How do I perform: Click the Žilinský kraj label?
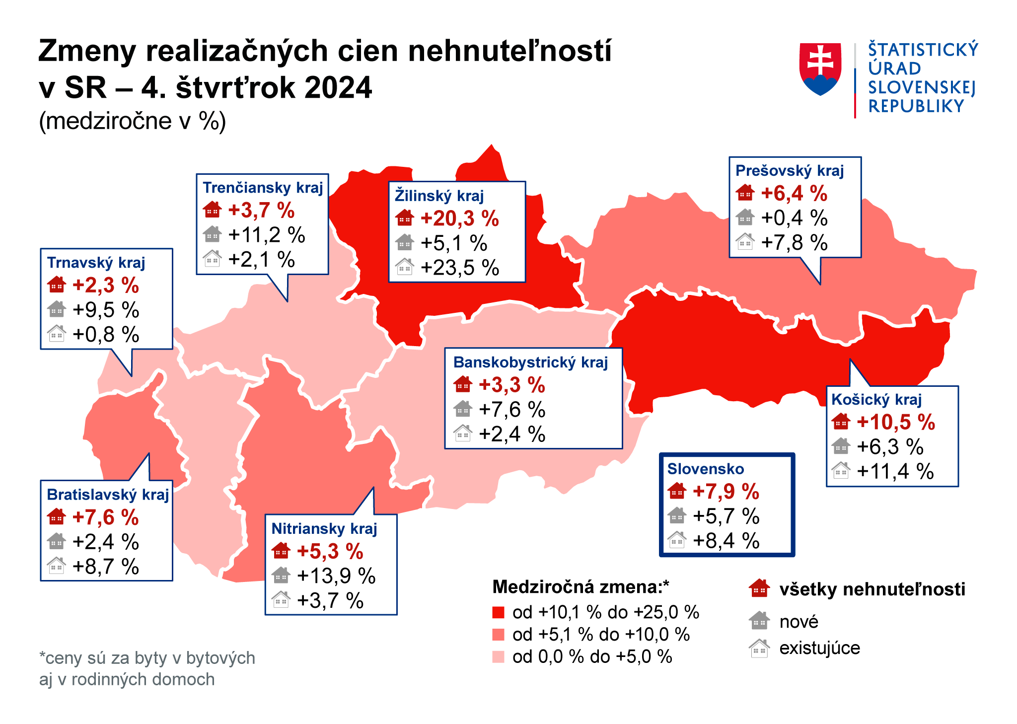[439, 196]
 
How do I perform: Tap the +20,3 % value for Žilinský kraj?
[459, 218]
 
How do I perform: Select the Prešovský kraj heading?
[790, 171]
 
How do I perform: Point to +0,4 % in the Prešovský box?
[794, 218]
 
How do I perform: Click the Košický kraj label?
[876, 400]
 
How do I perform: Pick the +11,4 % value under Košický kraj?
[895, 471]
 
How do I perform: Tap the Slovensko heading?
[705, 469]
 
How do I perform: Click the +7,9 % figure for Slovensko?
[726, 492]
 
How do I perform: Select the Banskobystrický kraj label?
[530, 362]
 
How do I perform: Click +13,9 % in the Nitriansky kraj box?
[336, 576]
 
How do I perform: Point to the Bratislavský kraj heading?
[108, 495]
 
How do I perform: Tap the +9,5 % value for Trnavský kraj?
[106, 310]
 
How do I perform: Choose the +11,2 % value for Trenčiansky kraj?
[266, 235]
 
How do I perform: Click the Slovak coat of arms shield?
[820, 69]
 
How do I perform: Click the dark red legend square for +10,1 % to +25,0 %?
[498, 612]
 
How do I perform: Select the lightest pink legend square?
[498, 657]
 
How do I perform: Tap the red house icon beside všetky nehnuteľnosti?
[759, 589]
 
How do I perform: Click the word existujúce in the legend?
[819, 648]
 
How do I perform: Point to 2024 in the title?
[338, 88]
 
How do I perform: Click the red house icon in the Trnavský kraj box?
[57, 285]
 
